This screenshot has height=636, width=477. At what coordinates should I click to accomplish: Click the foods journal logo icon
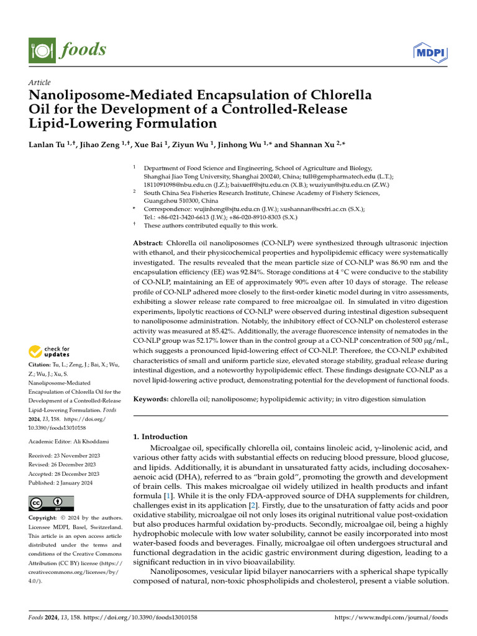pyautogui.click(x=39, y=49)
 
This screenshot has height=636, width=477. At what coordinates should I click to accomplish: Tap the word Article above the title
pyautogui.click(x=40, y=83)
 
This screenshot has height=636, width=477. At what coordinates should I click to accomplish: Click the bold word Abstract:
pyautogui.click(x=148, y=242)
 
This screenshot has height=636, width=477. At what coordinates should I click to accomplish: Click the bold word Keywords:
pyautogui.click(x=152, y=399)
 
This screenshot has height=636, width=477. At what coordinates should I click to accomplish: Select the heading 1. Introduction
pyautogui.click(x=160, y=437)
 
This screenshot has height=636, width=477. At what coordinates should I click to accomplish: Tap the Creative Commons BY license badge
pyautogui.click(x=51, y=503)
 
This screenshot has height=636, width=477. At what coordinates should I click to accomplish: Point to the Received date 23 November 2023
pyautogui.click(x=77, y=455)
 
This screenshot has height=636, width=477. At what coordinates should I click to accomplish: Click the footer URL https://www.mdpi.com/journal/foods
pyautogui.click(x=391, y=617)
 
